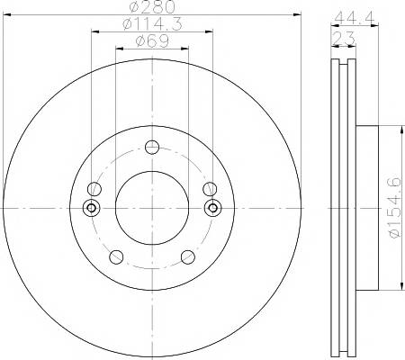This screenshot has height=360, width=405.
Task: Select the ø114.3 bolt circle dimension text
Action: coord(152,24)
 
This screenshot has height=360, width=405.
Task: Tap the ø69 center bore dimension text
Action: coord(152,41)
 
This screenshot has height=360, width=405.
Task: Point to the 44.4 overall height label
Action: coord(355,18)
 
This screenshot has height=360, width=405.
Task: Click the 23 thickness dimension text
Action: coord(344,38)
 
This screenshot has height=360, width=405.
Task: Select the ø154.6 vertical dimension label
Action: coord(395,208)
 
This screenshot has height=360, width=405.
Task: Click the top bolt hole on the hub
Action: coord(152,147)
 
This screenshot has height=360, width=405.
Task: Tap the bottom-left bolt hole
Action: coord(116,257)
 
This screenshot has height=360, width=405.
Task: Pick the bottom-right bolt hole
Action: coord(188,257)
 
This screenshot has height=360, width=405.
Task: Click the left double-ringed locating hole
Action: coord(92,208)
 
